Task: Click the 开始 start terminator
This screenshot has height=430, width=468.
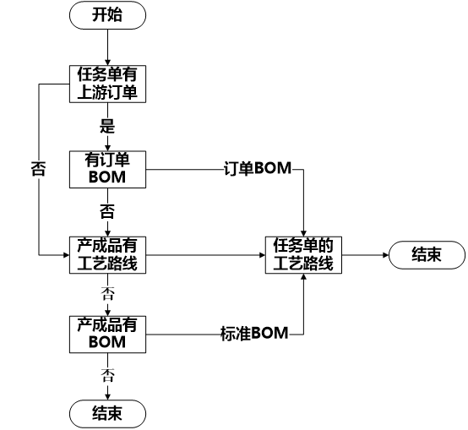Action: point(107,15)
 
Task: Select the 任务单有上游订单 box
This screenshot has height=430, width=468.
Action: point(107,84)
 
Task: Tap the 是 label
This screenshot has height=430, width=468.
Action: point(107,127)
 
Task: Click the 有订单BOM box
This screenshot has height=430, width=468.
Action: point(107,169)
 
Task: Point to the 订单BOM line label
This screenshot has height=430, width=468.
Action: point(257,169)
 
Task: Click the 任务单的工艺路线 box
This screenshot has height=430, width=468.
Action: point(303,254)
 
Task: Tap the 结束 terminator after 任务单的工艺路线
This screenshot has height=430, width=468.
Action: point(427,254)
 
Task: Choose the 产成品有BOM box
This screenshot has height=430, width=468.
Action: point(107,334)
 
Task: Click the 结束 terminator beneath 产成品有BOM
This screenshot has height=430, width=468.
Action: point(107,413)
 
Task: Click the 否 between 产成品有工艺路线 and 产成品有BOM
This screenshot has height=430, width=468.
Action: point(107,293)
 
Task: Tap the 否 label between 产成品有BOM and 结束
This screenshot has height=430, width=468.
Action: point(107,373)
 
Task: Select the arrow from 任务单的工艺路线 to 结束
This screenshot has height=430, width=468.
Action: point(364,254)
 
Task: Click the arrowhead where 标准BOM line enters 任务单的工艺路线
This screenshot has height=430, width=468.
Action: point(303,280)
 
